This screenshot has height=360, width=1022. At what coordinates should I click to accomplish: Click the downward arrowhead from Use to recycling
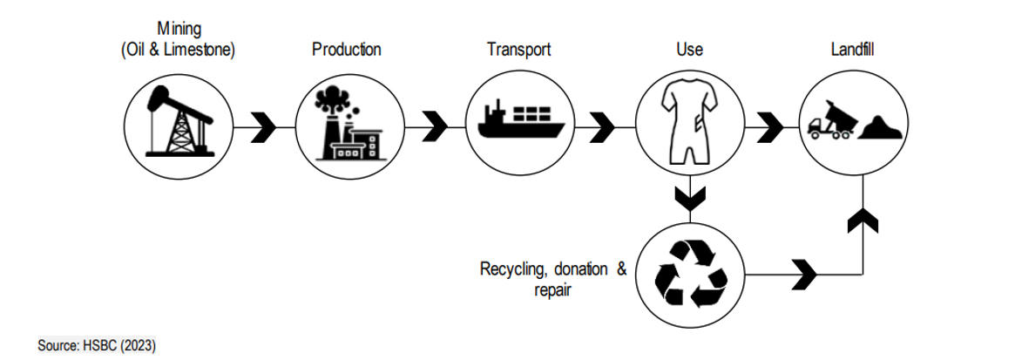point(690,199)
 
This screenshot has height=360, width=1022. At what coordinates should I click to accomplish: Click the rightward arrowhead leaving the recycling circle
point(806,275)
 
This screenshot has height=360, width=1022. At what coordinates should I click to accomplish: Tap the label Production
point(346,50)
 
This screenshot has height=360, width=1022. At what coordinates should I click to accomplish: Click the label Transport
point(518,50)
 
